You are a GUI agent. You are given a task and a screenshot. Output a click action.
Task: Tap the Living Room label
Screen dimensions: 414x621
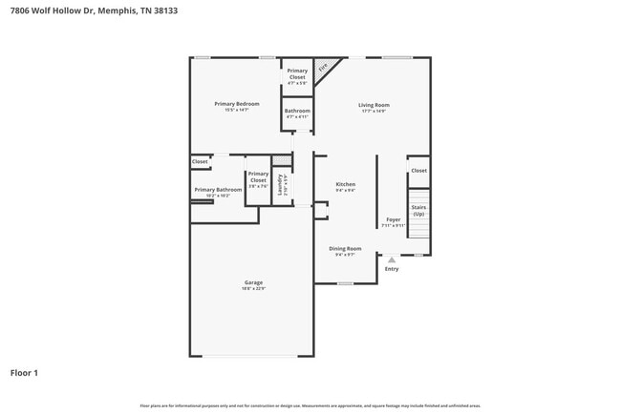click(374, 105)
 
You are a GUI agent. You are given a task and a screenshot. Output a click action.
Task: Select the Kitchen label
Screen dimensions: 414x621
click(345, 184)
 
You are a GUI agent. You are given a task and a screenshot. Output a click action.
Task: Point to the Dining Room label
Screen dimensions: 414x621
click(345, 248)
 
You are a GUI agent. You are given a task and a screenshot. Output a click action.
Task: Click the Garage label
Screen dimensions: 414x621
click(253, 282)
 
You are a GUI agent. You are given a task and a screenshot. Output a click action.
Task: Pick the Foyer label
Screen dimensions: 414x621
click(393, 219)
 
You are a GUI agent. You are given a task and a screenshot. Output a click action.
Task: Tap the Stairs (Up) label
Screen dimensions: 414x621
click(418, 210)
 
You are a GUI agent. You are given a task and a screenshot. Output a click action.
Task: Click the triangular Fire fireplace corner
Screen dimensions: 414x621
click(324, 68)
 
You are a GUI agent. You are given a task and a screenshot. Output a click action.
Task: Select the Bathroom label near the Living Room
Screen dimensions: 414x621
click(297, 111)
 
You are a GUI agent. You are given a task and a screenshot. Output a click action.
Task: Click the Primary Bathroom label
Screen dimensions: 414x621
click(218, 189)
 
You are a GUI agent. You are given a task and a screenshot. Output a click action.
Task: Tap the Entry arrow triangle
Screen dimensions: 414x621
click(391, 259)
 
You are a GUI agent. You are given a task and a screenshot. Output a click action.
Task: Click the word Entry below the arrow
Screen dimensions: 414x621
click(391, 269)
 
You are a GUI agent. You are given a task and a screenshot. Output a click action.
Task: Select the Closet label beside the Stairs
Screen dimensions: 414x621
click(418, 171)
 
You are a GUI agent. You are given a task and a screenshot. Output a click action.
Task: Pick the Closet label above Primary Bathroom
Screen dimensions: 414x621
click(200, 162)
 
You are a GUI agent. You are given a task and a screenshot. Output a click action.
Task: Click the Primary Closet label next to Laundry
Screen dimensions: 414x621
click(258, 176)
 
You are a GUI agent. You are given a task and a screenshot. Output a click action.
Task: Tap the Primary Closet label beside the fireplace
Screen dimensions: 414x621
click(297, 73)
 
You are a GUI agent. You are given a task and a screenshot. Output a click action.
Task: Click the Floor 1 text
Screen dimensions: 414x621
click(24, 372)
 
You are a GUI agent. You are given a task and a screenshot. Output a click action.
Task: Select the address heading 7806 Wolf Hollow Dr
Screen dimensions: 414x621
click(49, 10)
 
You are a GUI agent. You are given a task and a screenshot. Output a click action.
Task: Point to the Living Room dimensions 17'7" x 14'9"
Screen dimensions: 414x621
click(374, 112)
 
